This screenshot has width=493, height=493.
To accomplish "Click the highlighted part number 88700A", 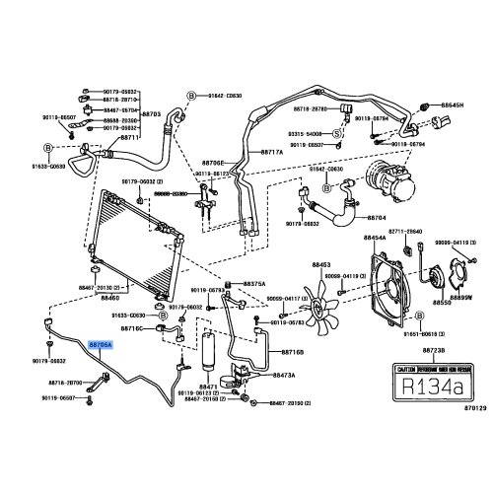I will click(x=101, y=346).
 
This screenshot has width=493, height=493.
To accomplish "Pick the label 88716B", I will click(x=293, y=351).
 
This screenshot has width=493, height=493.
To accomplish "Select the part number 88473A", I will click(x=284, y=376).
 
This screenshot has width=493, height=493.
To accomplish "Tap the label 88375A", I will click(x=254, y=284).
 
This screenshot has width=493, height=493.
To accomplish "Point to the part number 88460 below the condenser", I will click(x=110, y=297).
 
